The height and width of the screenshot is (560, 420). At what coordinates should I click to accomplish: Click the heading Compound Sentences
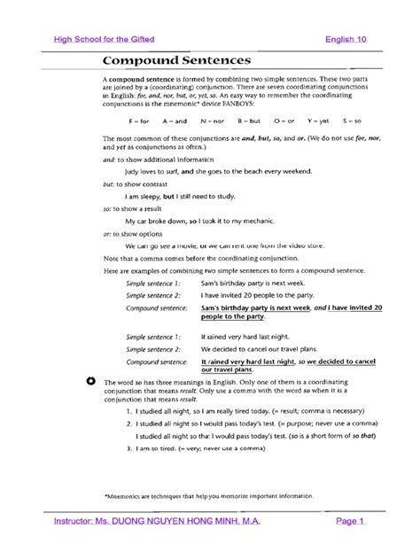click(x=176, y=60)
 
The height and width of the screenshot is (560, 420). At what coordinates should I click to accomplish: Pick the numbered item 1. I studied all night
click(x=246, y=412)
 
